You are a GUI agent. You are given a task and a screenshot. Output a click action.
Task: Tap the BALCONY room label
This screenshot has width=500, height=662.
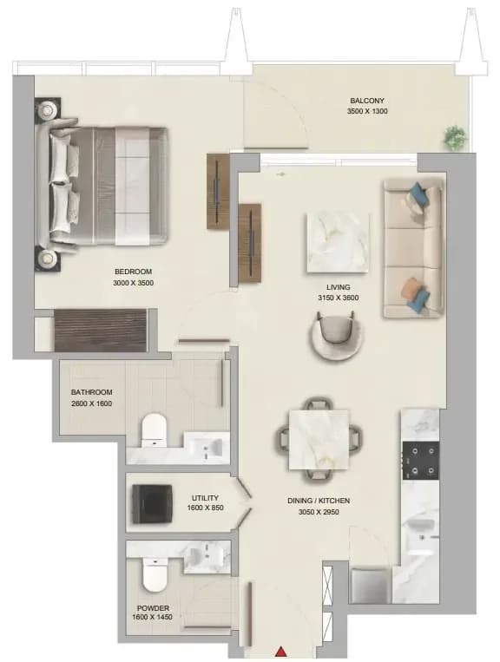pyautogui.click(x=367, y=101)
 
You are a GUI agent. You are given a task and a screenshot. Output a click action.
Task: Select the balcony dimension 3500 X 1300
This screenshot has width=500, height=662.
pyautogui.click(x=367, y=111)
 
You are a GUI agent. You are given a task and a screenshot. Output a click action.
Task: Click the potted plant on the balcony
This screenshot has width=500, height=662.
pyautogui.click(x=456, y=137)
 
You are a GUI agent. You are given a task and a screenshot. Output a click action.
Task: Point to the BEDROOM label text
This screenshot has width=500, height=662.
pyautogui.click(x=133, y=272)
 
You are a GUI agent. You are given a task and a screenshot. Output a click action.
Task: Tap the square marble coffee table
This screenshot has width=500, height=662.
pyautogui.click(x=338, y=243)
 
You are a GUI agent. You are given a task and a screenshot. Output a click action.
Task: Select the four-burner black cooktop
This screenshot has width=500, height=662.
pyautogui.click(x=421, y=461)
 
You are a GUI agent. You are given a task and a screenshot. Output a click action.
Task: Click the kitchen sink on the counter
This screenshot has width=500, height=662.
pyautogui.click(x=420, y=536)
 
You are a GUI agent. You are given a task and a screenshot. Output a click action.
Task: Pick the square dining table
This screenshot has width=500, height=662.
pyautogui.click(x=319, y=440)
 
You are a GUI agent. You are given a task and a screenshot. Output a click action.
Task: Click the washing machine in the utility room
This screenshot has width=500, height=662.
pyautogui.click(x=153, y=504)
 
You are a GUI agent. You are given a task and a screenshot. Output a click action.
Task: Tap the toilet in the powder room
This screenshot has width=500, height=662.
pyautogui.click(x=155, y=574)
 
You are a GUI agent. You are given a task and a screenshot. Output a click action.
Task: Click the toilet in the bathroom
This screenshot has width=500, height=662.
pyautogui.click(x=154, y=429)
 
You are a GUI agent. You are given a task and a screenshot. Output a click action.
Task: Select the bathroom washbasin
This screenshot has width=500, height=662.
pyautogui.click(x=206, y=447)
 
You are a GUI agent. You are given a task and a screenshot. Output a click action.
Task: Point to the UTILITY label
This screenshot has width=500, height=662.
pyautogui.click(x=205, y=498)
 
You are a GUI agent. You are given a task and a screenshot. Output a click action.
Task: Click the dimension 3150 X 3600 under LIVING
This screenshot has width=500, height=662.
pyautogui.click(x=339, y=298)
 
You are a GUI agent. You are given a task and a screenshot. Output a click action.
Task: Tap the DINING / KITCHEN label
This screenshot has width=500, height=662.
pyautogui.click(x=319, y=501)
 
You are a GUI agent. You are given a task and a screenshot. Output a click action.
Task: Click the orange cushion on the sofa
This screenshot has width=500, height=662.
pyautogui.click(x=411, y=289)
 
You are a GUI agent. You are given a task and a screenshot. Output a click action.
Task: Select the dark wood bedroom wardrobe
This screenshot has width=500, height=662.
pyautogui.click(x=101, y=331)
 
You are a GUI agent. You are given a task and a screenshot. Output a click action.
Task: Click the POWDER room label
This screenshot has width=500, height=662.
pyautogui.click(x=153, y=608)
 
